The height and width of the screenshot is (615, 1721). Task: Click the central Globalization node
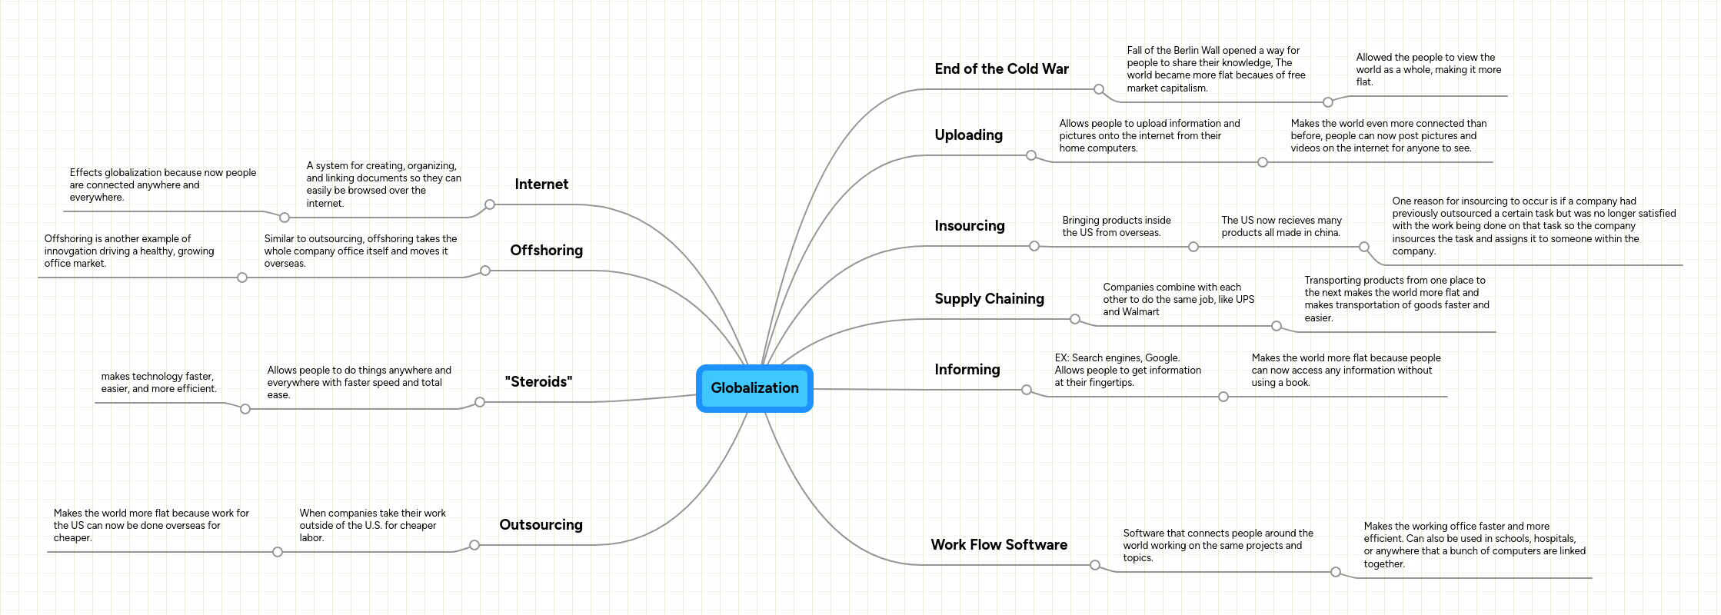coord(754,388)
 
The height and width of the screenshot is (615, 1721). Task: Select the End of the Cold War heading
coord(1001,69)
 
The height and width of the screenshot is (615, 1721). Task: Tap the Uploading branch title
coord(968,135)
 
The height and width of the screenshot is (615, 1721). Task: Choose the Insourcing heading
coord(969,226)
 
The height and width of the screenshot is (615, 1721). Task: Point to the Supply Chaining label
coord(989,299)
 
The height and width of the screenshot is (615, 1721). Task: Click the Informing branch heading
coord(967,370)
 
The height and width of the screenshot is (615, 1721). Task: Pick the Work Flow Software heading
coord(999,545)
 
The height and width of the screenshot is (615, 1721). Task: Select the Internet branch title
coord(541,184)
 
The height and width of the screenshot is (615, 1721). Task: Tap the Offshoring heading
coord(546,251)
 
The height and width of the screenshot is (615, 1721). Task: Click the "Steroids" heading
coord(538,382)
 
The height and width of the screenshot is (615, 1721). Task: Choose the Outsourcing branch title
coord(541,525)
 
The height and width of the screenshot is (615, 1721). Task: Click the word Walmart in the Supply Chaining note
coord(1141,312)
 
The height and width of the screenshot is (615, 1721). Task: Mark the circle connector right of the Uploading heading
coord(1031,155)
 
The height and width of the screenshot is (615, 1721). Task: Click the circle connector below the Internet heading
coord(490,204)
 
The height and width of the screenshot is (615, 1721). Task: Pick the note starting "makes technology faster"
coord(158,383)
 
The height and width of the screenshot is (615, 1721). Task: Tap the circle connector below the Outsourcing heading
coord(474,545)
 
